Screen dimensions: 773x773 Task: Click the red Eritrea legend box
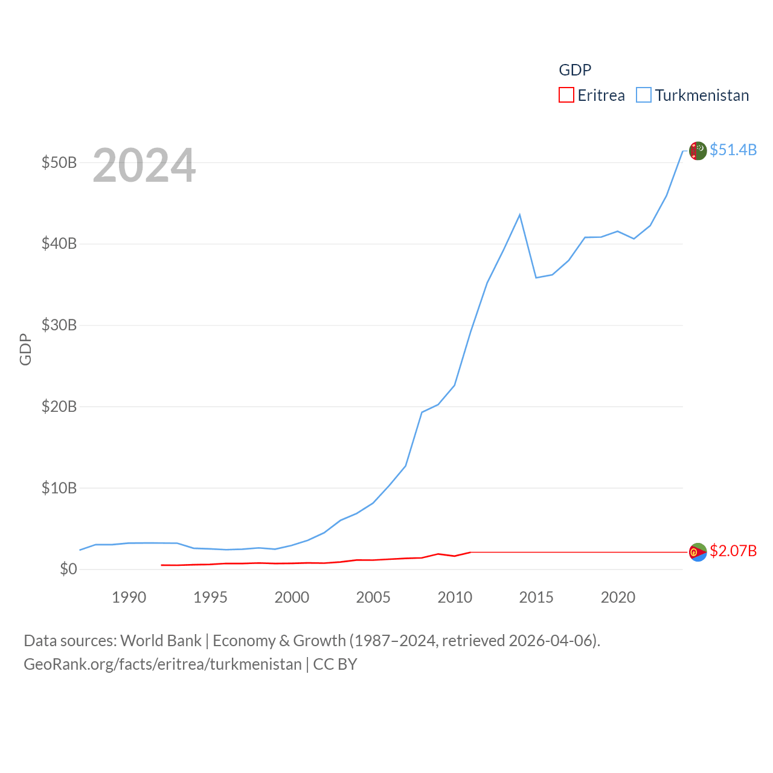pos(566,95)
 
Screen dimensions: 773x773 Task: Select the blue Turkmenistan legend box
pos(644,95)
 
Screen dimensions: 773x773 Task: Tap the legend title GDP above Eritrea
pos(575,70)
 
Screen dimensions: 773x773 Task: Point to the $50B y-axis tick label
pos(59,162)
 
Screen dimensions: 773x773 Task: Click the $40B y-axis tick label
pos(59,244)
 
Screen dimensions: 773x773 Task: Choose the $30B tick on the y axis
pos(59,325)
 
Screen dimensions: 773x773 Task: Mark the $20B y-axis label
pos(59,406)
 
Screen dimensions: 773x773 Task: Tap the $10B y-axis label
pos(59,488)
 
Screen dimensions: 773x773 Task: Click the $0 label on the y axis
pos(68,569)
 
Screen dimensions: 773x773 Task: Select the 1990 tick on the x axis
pos(129,597)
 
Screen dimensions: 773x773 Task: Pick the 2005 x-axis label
pos(373,597)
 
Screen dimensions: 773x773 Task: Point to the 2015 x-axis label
pos(536,597)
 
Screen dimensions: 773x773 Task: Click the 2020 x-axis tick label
pos(618,597)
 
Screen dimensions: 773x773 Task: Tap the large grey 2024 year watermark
pos(144,165)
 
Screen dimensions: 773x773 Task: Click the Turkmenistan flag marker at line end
pos(698,150)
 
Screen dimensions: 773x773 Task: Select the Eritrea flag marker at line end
pos(698,552)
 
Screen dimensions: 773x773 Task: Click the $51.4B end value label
pos(733,150)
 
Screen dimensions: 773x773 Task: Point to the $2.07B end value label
pos(733,551)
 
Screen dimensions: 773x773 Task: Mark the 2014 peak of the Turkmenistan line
pos(519,215)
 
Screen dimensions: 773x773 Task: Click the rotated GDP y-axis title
pos(25,349)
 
